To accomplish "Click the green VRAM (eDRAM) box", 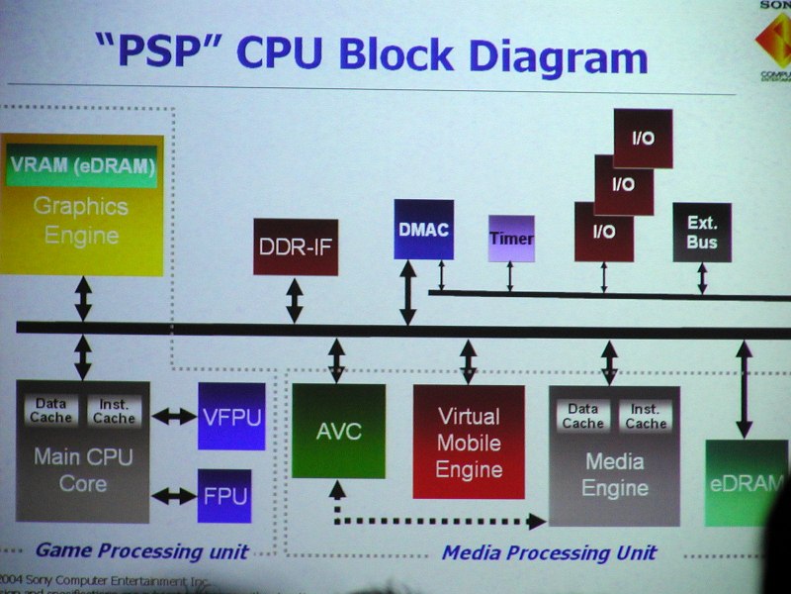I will [83, 166].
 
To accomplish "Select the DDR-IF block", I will [295, 247].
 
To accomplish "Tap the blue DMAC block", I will [423, 230].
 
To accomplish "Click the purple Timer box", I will [511, 239].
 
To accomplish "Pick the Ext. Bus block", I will [702, 233].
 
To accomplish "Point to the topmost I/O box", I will [643, 138].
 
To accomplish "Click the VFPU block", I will [231, 416].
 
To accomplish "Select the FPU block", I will [223, 495].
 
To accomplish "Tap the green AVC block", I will [338, 432].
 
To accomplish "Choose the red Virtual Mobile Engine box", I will [469, 442].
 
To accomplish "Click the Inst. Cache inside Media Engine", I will [646, 416].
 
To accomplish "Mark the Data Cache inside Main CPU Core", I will [50, 411].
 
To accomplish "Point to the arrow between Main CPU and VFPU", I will [174, 417].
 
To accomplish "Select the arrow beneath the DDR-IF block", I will [295, 300].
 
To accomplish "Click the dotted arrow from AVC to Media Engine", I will [440, 520].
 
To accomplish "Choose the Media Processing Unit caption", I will [549, 552].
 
